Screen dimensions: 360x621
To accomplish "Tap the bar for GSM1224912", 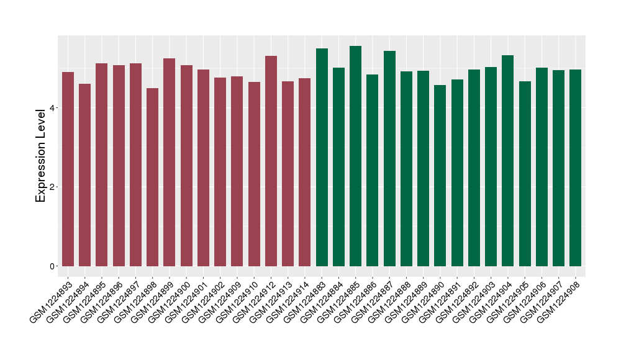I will point(271,161).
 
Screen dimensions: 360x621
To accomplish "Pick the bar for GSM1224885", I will point(355,156).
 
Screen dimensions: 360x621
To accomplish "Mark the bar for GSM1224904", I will point(507,161).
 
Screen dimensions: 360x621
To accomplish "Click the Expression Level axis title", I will point(41,155).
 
